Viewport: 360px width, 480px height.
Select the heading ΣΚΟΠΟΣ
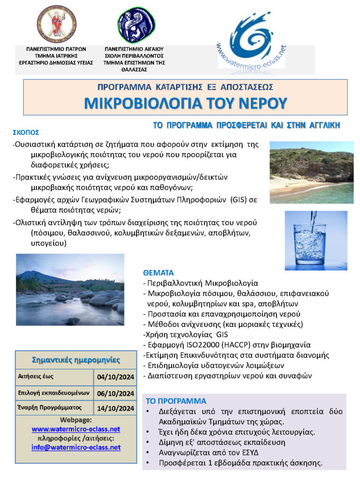point(26,133)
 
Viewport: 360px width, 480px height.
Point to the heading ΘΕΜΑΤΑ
point(158,272)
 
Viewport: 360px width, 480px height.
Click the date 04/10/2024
point(115,376)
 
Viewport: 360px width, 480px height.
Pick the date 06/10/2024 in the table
point(115,393)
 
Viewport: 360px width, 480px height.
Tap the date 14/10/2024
point(115,408)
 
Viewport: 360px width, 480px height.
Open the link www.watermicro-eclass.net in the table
point(76,429)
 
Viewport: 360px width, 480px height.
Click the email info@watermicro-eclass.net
point(76,447)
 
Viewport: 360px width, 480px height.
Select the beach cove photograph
point(311,172)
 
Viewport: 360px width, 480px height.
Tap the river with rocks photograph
point(70,290)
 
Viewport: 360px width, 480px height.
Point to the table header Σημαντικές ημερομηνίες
point(75,360)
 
